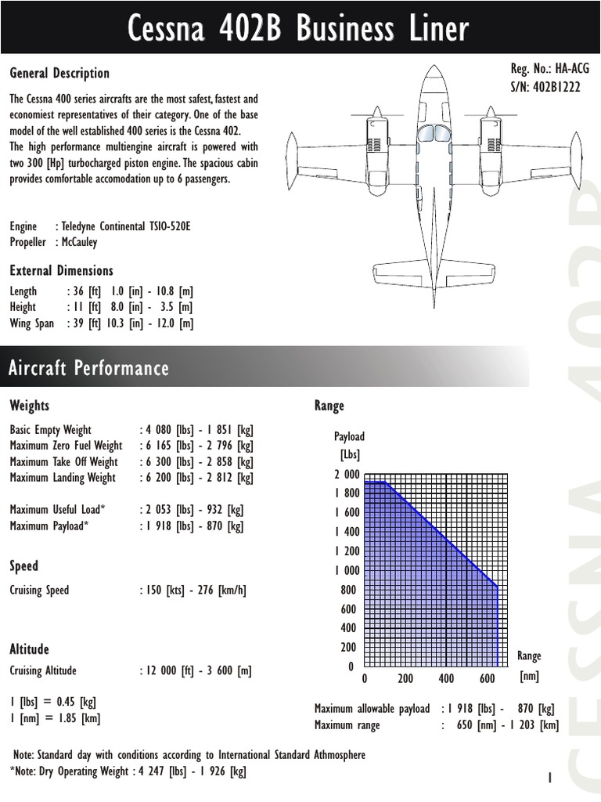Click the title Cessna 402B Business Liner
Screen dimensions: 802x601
299,29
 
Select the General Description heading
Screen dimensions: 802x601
59,73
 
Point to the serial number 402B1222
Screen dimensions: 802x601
558,87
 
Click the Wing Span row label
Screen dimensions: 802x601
32,323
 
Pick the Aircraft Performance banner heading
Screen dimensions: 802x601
88,368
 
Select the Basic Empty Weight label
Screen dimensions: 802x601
50,430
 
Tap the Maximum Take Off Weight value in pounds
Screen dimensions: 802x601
169,461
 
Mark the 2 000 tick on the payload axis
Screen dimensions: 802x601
347,474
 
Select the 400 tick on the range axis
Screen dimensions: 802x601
446,678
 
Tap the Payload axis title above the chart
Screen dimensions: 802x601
349,436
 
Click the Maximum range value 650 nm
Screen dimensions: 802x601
474,725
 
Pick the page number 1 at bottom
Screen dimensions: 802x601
550,778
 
